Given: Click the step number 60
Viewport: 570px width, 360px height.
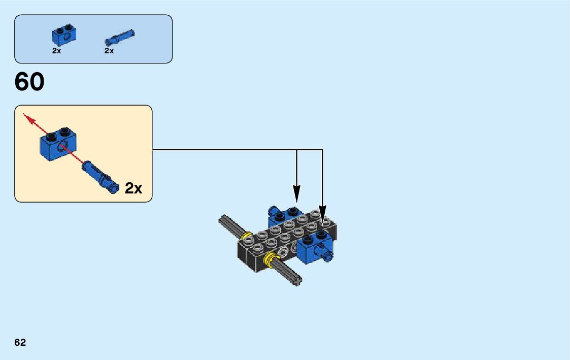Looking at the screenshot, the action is tap(29, 82).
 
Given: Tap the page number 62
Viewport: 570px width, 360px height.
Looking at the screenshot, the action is tap(20, 343).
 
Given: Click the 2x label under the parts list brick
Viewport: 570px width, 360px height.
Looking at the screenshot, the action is tap(56, 51).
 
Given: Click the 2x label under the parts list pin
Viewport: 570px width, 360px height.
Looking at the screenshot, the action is tap(109, 51).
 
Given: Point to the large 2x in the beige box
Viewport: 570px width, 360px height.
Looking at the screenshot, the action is tap(133, 188).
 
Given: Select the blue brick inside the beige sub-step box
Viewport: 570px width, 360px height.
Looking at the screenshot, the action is tap(57, 144).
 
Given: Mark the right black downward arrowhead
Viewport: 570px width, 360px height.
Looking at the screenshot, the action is tap(323, 213).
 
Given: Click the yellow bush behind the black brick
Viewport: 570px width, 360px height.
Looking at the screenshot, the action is tap(247, 237).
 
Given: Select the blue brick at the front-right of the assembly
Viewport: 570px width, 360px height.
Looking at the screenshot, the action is tap(311, 248).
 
